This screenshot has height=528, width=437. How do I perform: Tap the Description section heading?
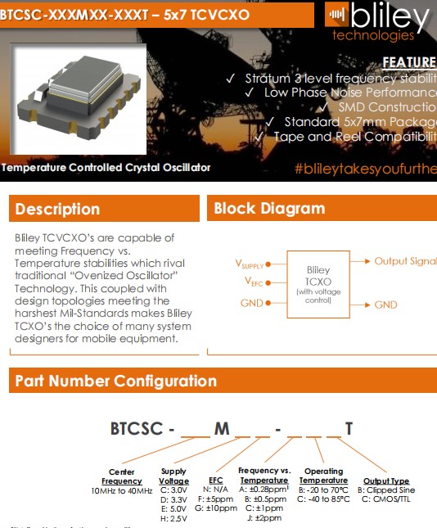[x=58, y=209]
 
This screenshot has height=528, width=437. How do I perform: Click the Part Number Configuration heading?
[x=115, y=381]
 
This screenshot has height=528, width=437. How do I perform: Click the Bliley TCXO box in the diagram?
[x=318, y=284]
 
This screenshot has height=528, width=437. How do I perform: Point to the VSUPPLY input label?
[x=250, y=264]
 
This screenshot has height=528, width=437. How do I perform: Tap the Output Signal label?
[x=405, y=261]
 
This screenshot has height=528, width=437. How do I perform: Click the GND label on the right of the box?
[x=385, y=305]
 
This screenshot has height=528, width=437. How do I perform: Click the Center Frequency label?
[x=122, y=476]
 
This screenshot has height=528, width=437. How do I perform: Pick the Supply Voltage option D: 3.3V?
[x=173, y=499]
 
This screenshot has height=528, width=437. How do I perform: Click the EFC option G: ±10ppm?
[x=216, y=508]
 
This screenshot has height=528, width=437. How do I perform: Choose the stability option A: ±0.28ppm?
[x=264, y=490]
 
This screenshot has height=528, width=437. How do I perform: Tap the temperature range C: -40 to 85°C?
[x=323, y=499]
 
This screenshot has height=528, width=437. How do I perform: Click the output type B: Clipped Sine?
[x=386, y=490]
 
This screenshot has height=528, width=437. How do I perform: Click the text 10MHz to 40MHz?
[x=122, y=490]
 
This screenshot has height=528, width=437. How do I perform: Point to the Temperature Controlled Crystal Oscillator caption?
[x=106, y=168]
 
